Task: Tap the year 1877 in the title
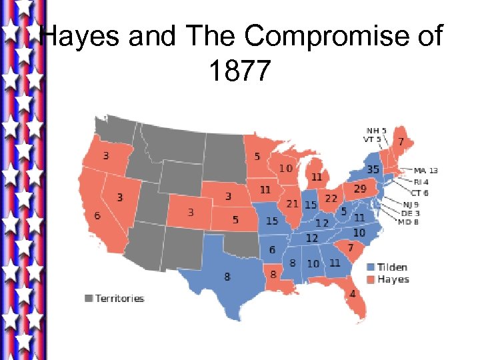240,70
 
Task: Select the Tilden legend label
393,267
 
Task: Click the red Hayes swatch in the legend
370,279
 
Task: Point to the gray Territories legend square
89,298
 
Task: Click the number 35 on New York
373,169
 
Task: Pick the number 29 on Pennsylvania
360,189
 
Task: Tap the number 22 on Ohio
331,199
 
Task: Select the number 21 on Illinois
292,203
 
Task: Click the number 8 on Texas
227,276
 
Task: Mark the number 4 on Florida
353,293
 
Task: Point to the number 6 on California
97,216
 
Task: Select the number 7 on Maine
401,142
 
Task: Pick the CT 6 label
419,193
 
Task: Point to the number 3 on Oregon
105,156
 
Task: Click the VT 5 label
372,139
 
